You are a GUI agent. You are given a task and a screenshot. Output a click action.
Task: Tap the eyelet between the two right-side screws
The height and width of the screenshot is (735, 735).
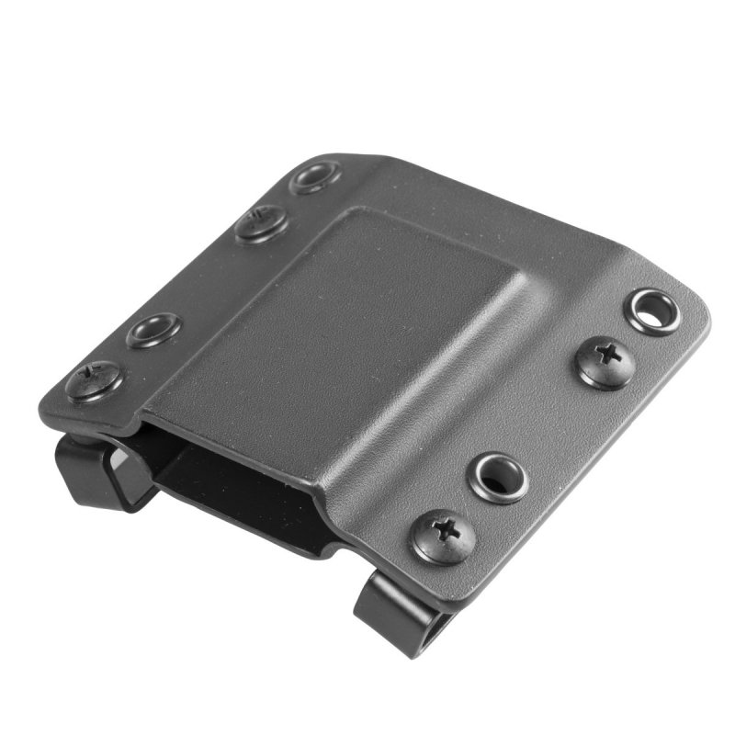point(498,477)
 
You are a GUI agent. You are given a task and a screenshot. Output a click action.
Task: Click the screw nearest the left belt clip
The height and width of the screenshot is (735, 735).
point(94,380)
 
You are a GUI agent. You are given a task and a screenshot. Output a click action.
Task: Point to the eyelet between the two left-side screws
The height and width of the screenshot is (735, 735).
point(153,330)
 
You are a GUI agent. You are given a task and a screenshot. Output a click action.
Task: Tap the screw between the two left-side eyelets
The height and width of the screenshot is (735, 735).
point(261,223)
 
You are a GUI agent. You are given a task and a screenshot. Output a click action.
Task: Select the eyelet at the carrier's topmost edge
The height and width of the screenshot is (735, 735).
point(315,177)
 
